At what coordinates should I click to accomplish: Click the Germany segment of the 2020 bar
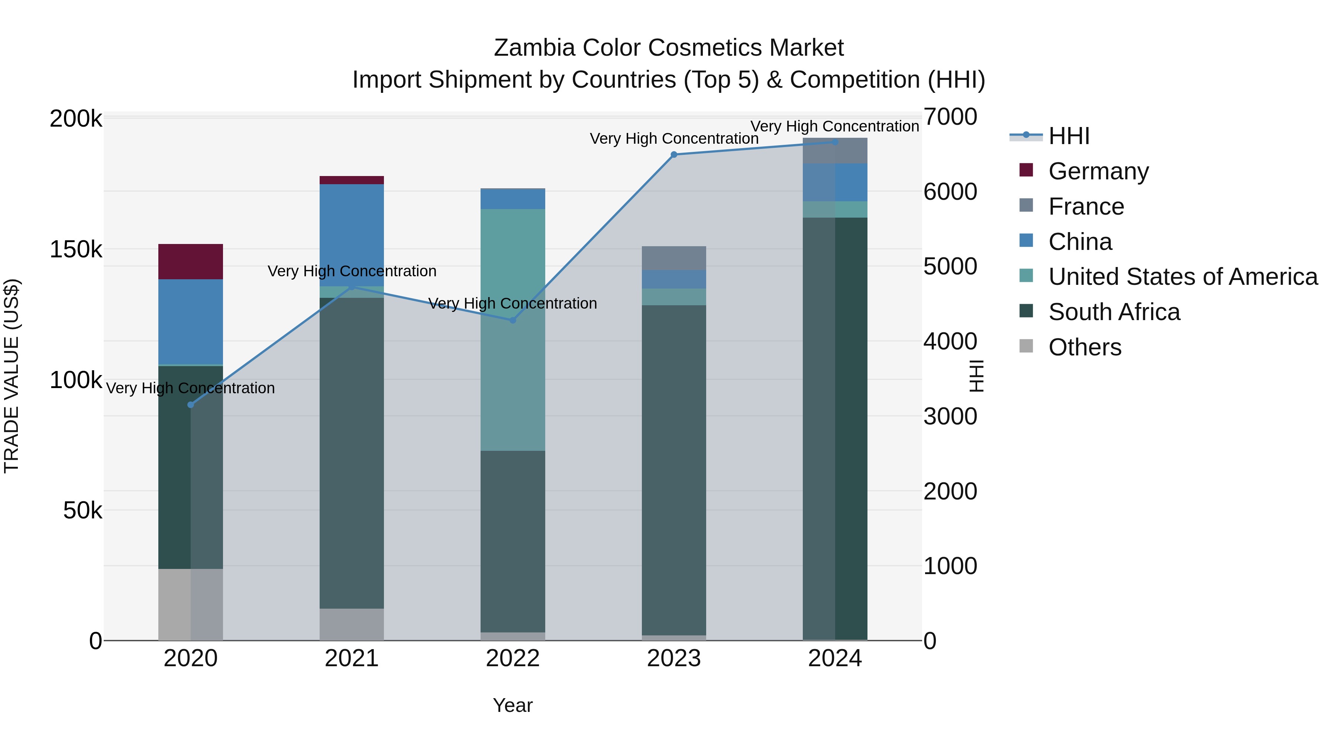click(x=191, y=261)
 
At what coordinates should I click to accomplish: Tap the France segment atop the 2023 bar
click(x=674, y=258)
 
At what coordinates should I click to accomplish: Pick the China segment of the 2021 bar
click(x=352, y=235)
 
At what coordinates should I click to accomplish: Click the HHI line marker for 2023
click(x=674, y=154)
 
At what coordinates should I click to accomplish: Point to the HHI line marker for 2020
click(x=191, y=405)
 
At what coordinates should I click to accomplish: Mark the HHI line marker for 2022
click(x=513, y=320)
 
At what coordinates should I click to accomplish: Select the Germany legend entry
click(x=1098, y=171)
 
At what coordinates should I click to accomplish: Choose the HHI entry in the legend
click(x=1069, y=136)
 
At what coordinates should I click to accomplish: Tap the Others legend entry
click(x=1085, y=347)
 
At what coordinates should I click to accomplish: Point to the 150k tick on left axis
click(x=76, y=250)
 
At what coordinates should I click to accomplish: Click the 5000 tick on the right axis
click(x=950, y=266)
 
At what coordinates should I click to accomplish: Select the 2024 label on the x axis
click(x=835, y=658)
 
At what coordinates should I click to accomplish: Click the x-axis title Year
click(x=513, y=705)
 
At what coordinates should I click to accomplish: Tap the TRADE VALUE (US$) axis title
click(x=12, y=376)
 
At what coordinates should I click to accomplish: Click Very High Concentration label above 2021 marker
click(x=352, y=271)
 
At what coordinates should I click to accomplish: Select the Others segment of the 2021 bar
click(x=352, y=624)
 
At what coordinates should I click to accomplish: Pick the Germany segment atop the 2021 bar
click(x=352, y=180)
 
